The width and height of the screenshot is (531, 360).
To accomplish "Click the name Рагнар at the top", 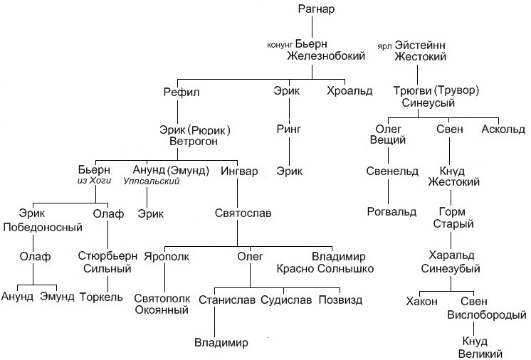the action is click(x=316, y=9).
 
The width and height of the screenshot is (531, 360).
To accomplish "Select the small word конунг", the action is click(x=280, y=45).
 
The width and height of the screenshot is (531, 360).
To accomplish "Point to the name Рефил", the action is click(x=182, y=92).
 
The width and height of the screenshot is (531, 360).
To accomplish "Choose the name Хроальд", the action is click(x=349, y=91).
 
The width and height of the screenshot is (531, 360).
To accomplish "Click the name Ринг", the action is click(x=289, y=129).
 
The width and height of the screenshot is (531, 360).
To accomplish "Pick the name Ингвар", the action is click(x=239, y=171).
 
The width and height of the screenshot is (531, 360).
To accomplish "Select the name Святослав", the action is click(x=243, y=213).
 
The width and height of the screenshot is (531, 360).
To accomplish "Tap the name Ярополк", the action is click(x=167, y=256).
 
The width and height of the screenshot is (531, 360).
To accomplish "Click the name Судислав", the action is click(x=286, y=300).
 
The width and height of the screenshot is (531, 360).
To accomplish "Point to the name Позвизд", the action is click(x=341, y=300).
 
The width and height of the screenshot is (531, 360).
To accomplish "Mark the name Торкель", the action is click(x=101, y=297).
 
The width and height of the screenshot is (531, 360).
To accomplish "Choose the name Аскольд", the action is click(x=503, y=129).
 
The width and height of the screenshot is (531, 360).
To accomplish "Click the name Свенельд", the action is click(x=392, y=171).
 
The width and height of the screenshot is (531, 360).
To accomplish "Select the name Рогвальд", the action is click(x=391, y=212).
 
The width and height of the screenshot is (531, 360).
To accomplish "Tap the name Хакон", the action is click(x=421, y=301).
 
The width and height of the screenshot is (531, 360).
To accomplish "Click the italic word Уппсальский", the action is click(x=152, y=181).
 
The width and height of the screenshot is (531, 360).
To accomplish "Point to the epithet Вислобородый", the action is click(x=487, y=315).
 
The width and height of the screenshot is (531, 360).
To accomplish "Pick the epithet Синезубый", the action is click(x=451, y=269).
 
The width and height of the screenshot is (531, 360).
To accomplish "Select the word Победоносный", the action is click(x=43, y=227).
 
